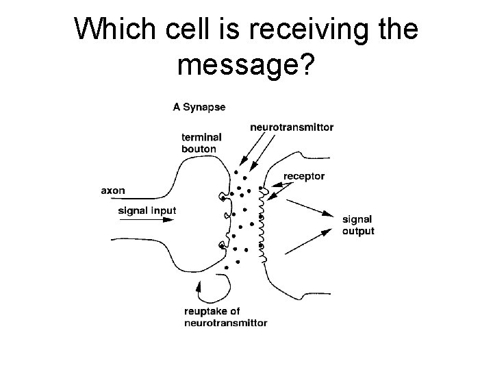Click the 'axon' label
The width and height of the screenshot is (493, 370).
pos(112,190)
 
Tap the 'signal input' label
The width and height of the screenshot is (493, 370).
pos(147,210)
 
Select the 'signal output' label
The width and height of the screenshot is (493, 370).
pos(357,225)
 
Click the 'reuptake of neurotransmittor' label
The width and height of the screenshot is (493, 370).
pos(225,317)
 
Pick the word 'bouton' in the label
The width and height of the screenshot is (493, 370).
pos(199,148)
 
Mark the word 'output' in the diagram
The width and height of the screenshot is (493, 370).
pos(358,231)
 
